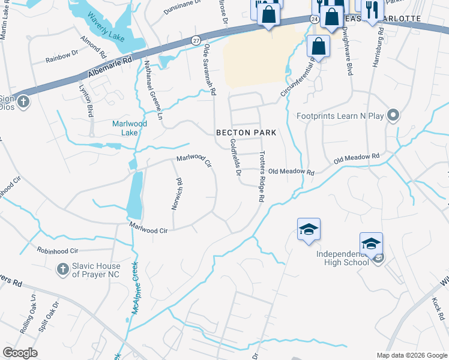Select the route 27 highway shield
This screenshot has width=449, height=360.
tap(196, 40)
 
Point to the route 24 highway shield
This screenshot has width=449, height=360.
tap(314, 19)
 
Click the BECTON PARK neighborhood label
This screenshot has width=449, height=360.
tap(246, 132)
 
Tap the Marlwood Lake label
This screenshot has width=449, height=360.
tap(130, 128)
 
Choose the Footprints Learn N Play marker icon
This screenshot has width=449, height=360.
tap(394, 115)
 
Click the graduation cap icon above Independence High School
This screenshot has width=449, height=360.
tap(372, 243)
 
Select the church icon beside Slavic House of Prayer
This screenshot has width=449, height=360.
tap(62, 269)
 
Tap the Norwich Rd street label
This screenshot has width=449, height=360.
tap(177, 193)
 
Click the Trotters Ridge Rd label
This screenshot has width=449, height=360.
tap(261, 176)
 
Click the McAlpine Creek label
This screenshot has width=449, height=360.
tap(135, 288)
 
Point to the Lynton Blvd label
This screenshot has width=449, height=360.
tap(86, 100)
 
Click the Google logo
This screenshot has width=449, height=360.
tap(20, 353)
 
